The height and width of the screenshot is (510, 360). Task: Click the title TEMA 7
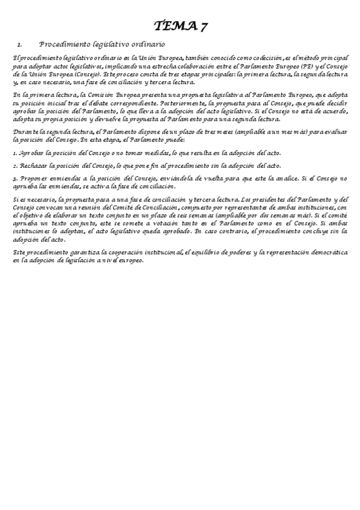click(x=180, y=25)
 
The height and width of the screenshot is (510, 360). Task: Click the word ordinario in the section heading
click(x=146, y=45)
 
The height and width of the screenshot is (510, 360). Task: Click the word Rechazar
click(x=31, y=166)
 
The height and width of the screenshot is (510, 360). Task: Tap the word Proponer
click(x=34, y=179)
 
